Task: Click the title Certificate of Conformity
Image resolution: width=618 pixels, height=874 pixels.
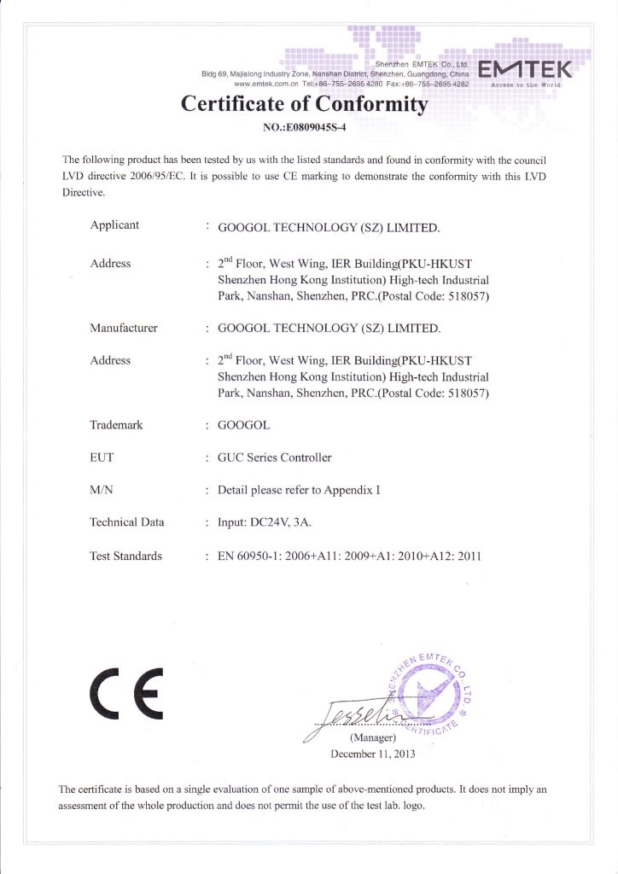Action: click(303, 105)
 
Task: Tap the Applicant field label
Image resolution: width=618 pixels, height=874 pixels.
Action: click(114, 225)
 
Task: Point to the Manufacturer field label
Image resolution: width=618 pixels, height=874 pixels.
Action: click(124, 328)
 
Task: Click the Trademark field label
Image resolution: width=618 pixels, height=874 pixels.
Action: click(116, 425)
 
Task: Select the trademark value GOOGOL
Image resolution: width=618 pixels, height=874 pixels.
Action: click(246, 425)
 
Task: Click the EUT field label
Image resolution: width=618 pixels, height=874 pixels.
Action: click(102, 457)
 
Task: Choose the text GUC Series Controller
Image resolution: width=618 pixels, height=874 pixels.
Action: click(275, 457)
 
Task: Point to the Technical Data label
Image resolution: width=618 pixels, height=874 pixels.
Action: click(127, 522)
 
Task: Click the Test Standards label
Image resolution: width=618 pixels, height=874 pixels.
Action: click(125, 556)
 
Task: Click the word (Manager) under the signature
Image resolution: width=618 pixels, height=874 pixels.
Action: click(372, 737)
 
